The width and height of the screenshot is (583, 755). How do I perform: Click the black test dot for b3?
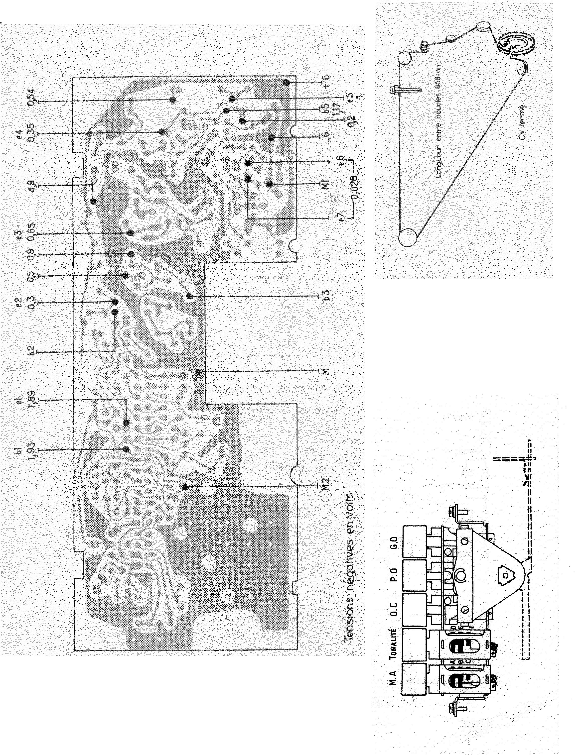(x=190, y=296)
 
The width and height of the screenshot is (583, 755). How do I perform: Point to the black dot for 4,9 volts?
(x=93, y=201)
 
